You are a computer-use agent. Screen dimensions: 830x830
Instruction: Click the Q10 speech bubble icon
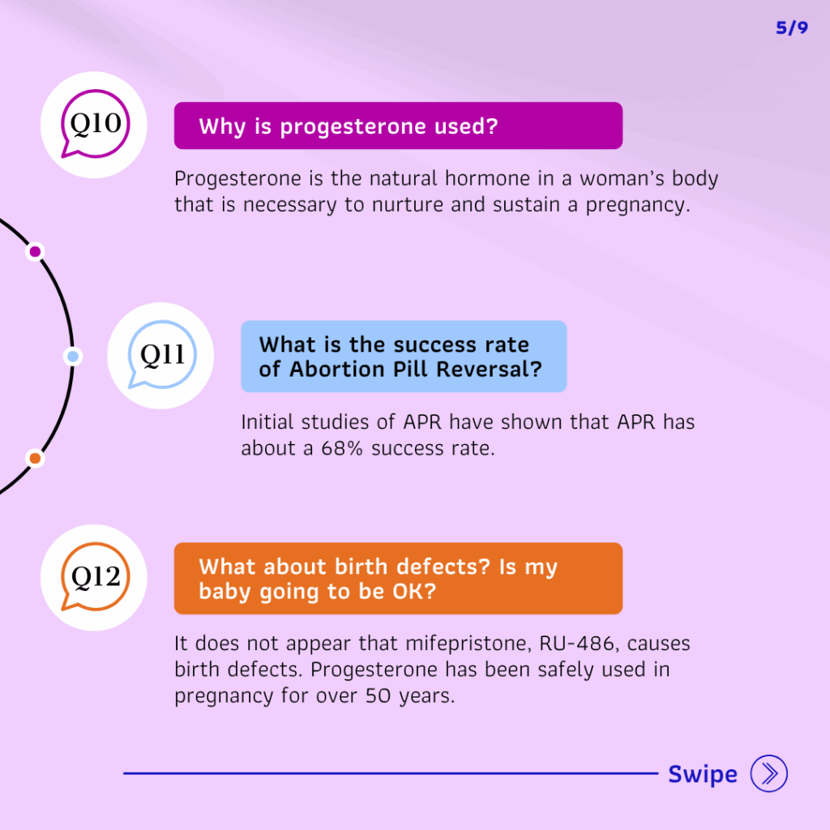pyautogui.click(x=96, y=124)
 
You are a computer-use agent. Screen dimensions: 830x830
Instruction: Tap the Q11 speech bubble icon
pyautogui.click(x=162, y=355)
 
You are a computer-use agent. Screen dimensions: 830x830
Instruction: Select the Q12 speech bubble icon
pyautogui.click(x=96, y=577)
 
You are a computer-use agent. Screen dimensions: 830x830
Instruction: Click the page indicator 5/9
pyautogui.click(x=792, y=28)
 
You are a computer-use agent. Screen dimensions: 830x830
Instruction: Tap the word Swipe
pyautogui.click(x=703, y=774)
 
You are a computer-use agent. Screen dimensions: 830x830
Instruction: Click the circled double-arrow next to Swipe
pyautogui.click(x=768, y=773)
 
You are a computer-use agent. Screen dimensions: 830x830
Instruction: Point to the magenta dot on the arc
pyautogui.click(x=35, y=251)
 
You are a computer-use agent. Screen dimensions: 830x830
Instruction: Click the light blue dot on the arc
pyautogui.click(x=73, y=357)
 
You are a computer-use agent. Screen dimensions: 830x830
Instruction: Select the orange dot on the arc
pyautogui.click(x=35, y=459)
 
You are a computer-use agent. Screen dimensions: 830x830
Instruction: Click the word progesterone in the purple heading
pyautogui.click(x=353, y=127)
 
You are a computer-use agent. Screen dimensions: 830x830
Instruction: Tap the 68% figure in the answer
pyautogui.click(x=342, y=448)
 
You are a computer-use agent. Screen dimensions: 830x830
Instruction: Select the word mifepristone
pyautogui.click(x=469, y=644)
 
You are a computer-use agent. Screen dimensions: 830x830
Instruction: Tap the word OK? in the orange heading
pyautogui.click(x=414, y=591)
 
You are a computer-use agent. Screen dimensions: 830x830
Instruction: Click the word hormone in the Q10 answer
pyautogui.click(x=487, y=178)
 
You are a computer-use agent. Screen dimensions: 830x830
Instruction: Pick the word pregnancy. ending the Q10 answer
pyautogui.click(x=638, y=205)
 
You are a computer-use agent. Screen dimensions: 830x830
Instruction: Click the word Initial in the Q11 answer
pyautogui.click(x=267, y=421)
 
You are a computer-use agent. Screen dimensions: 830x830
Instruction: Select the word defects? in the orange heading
pyautogui.click(x=443, y=567)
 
